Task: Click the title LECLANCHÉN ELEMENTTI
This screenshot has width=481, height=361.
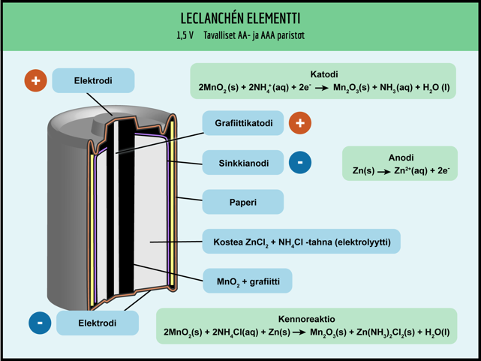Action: (x=240, y=18)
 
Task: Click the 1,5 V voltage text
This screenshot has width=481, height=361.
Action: (x=185, y=36)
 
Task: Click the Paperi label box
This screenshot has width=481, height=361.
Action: (x=242, y=202)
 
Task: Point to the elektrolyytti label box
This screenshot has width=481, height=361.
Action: (x=301, y=242)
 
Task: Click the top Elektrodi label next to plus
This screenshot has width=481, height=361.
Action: (x=93, y=81)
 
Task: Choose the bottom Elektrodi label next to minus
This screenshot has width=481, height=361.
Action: (x=97, y=323)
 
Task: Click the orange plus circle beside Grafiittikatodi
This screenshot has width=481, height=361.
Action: (x=299, y=123)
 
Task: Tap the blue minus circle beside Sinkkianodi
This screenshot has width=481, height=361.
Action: (x=299, y=162)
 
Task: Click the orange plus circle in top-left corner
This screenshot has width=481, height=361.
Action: (x=35, y=80)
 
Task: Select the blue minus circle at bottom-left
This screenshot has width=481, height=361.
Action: (x=40, y=323)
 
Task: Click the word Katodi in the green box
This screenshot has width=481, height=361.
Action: (x=323, y=74)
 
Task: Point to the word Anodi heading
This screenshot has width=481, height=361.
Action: (x=401, y=158)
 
